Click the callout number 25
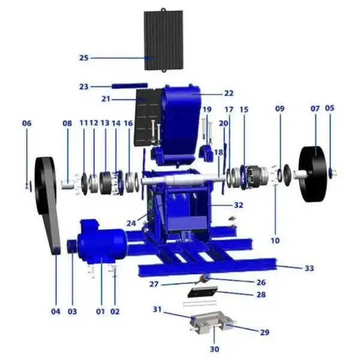pyautogui.click(x=84, y=58)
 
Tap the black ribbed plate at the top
pyautogui.click(x=163, y=40)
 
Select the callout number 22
pyautogui.click(x=229, y=93)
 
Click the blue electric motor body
pyautogui.click(x=102, y=242)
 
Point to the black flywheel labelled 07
pyautogui.click(x=313, y=174)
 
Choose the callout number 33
pyautogui.click(x=309, y=268)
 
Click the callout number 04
pyautogui.click(x=56, y=311)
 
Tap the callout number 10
pyautogui.click(x=275, y=241)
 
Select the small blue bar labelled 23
pyautogui.click(x=130, y=86)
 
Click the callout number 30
pyautogui.click(x=214, y=349)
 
